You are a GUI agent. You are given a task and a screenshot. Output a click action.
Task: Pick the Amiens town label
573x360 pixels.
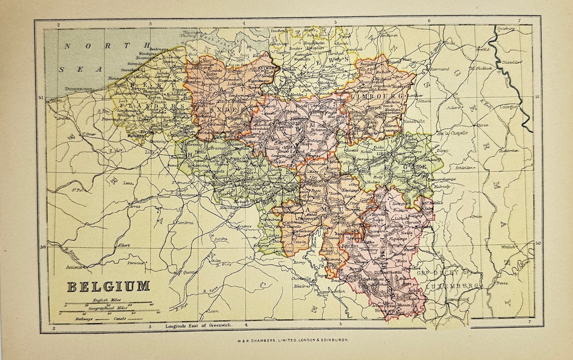[74, 268]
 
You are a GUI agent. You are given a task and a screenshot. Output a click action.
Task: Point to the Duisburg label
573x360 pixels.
[504, 29]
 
